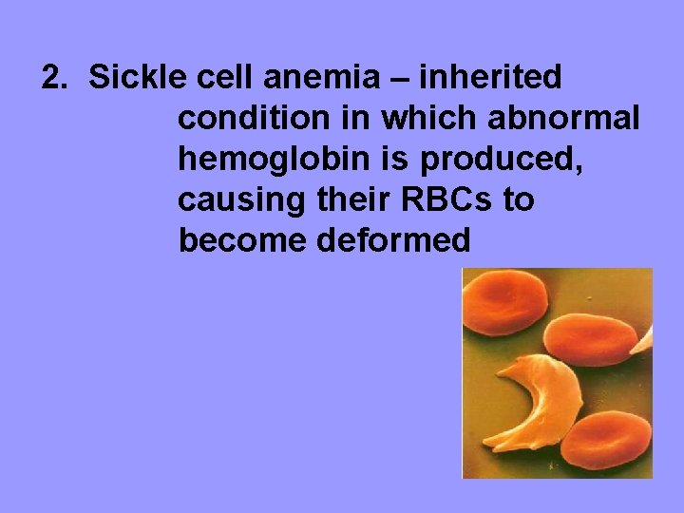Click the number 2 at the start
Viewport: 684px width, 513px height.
[x=54, y=77]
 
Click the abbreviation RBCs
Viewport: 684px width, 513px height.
[x=446, y=200]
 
